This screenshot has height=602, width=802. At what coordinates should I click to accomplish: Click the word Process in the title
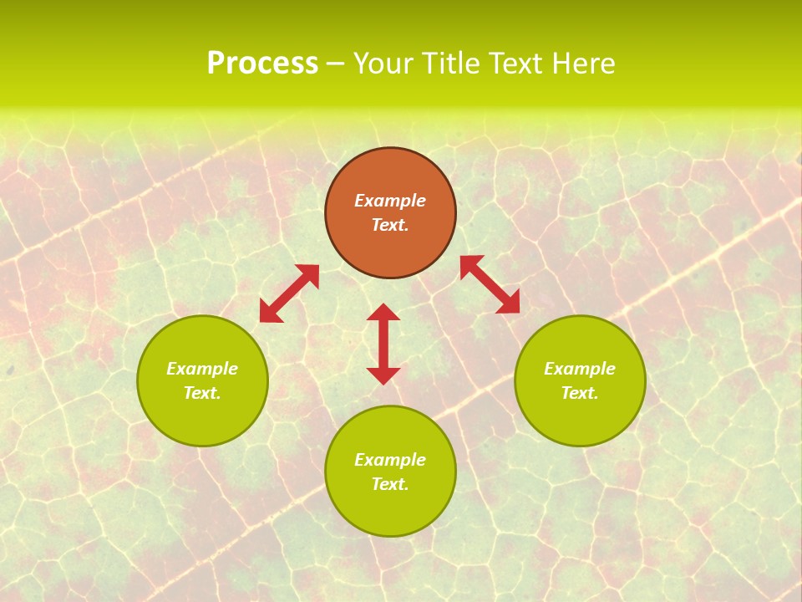click(x=262, y=64)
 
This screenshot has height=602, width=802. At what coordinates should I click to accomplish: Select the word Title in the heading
click(x=450, y=64)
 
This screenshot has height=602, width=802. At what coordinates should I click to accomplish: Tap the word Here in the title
click(x=584, y=64)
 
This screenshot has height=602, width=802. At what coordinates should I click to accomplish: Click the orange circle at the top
click(x=390, y=171)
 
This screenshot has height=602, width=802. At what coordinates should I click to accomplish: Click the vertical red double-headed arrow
click(x=383, y=344)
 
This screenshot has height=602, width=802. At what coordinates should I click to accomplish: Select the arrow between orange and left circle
click(x=289, y=293)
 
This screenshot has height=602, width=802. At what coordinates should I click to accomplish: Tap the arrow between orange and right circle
click(x=490, y=285)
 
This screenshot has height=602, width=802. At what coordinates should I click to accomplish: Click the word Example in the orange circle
click(x=390, y=201)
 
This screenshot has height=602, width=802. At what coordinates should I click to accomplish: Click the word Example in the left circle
click(x=202, y=369)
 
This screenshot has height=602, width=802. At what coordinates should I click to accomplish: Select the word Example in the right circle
click(x=580, y=369)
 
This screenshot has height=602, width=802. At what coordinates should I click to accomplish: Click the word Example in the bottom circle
click(x=390, y=460)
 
